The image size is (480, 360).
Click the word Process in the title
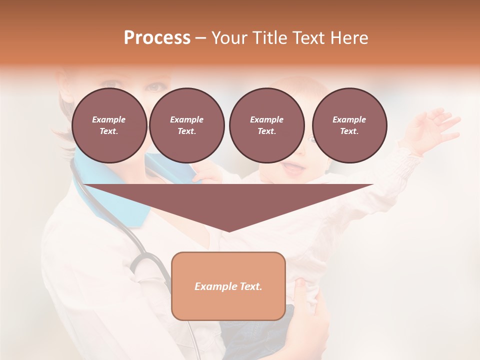pyautogui.click(x=157, y=37)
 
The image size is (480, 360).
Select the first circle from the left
pyautogui.click(x=109, y=125)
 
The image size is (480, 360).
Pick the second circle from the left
pyautogui.click(x=186, y=125)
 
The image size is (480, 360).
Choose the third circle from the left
pyautogui.click(x=266, y=125)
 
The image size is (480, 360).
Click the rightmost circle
pyautogui.click(x=349, y=125)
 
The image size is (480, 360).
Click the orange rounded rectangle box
pyautogui.click(x=228, y=286)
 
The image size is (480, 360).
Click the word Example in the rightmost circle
pyautogui.click(x=349, y=119)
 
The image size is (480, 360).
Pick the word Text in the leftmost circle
pyautogui.click(x=109, y=131)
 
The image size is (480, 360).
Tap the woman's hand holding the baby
pyautogui.click(x=310, y=310)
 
